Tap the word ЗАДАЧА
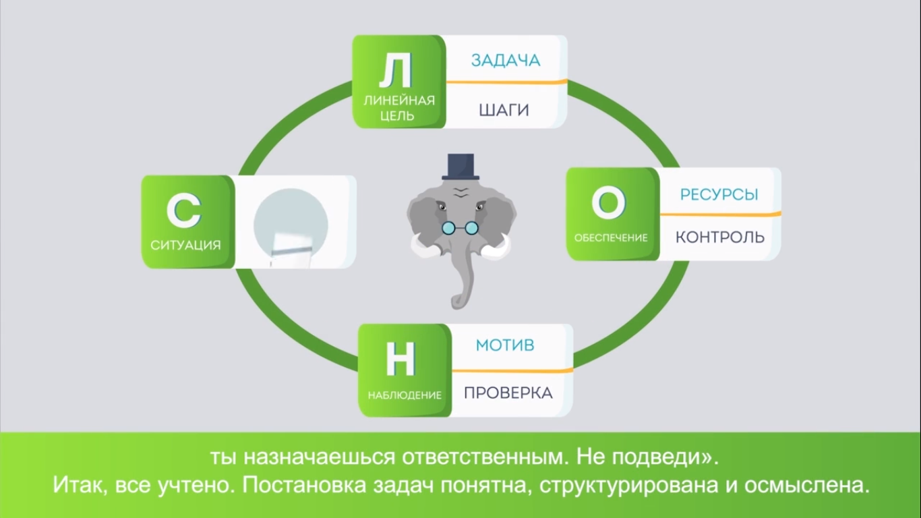506,60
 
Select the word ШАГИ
504,110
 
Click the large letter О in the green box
608,204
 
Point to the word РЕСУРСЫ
719,194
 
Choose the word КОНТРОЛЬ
719,237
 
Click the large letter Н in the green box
400,359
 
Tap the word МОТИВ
505,345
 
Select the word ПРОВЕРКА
508,393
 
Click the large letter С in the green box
183,211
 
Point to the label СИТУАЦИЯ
185,245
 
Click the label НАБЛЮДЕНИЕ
405,395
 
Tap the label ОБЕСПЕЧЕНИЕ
611,237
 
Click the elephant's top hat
461,167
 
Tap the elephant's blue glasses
461,228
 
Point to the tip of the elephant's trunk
456,304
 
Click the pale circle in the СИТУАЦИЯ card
291,223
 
